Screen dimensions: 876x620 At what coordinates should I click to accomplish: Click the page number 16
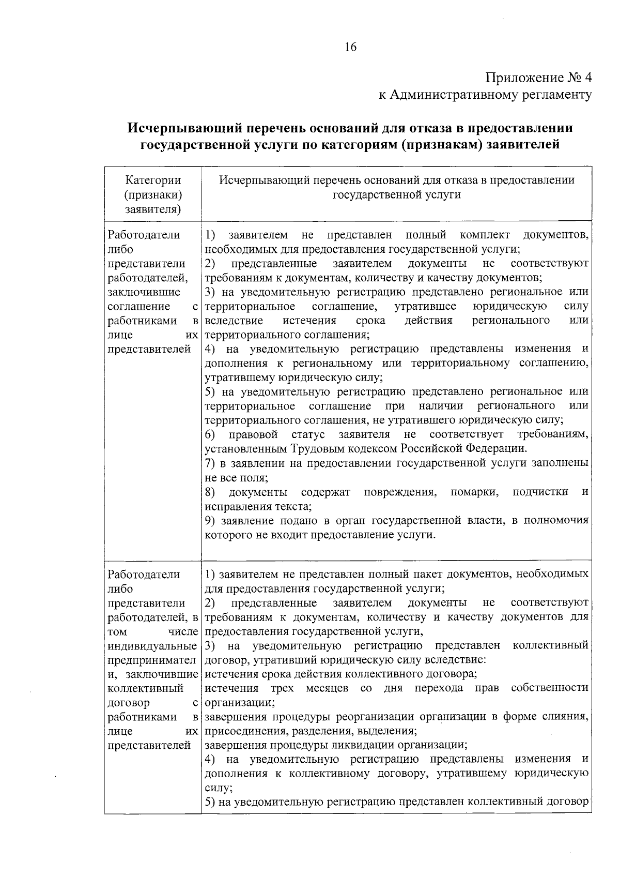(x=350, y=47)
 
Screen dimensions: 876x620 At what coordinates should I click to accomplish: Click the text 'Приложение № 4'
(x=538, y=78)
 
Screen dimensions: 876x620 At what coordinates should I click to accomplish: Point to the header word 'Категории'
(x=153, y=180)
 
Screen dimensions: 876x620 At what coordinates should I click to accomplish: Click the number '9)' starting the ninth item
(x=210, y=520)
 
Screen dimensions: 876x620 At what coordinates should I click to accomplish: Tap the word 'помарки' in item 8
(x=474, y=492)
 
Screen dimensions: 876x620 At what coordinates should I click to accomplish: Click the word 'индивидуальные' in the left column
(x=153, y=646)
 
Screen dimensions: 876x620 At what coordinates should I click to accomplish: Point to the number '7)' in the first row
(x=210, y=463)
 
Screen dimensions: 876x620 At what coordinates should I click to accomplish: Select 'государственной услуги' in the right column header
(x=396, y=195)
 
